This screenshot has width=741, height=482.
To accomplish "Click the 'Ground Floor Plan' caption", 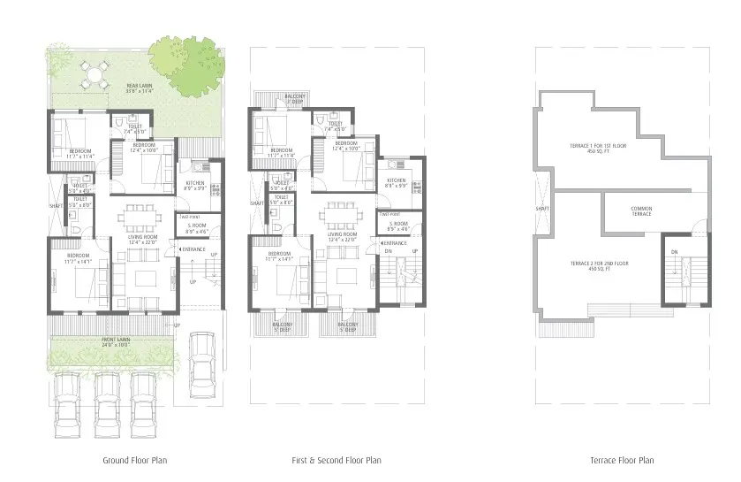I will pos(135,460).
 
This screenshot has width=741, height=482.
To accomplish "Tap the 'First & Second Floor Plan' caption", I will pos(336,460).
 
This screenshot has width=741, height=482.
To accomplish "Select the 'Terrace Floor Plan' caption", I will pos(622,460).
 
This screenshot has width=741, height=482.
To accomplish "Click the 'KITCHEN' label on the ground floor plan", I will pos(193,184).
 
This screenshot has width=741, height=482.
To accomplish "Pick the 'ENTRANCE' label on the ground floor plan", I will pos(194,249).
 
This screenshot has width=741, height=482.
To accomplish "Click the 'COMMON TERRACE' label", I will pos(641,211).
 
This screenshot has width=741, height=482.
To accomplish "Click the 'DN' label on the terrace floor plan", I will pos(673,253).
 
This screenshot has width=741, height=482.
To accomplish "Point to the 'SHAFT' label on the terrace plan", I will pos(543,210).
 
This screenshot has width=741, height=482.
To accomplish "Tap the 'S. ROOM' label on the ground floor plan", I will pos(196,226).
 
